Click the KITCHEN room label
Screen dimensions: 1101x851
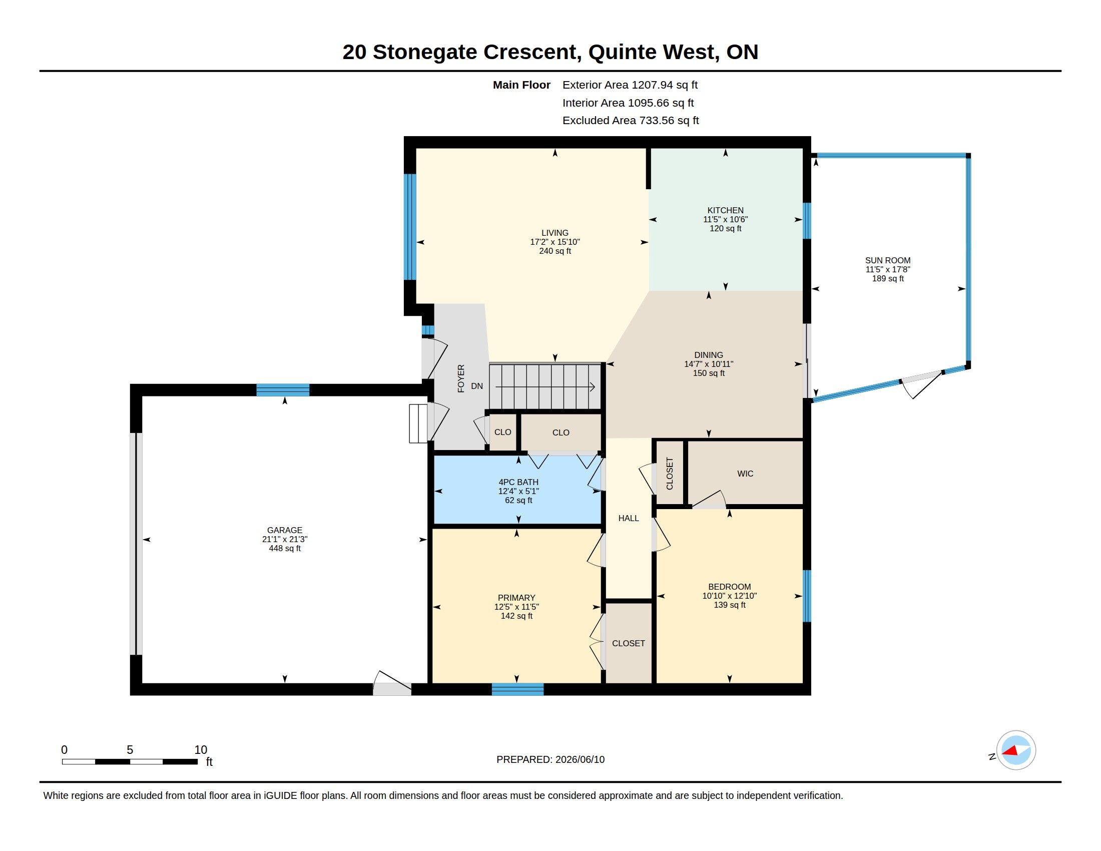click(725, 210)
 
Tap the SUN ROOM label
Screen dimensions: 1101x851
click(888, 260)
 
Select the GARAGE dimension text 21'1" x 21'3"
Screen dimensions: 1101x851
click(284, 539)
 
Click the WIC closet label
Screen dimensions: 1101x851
click(745, 474)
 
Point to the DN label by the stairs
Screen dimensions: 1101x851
click(477, 386)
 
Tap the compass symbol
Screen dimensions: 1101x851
click(1016, 750)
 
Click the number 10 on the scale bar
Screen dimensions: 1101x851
click(201, 750)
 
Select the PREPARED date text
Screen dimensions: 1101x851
click(550, 759)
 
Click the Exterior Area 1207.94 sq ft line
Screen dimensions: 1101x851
click(630, 85)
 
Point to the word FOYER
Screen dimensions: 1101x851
click(461, 378)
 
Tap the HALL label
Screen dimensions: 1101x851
click(629, 518)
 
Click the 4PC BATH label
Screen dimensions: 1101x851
click(518, 482)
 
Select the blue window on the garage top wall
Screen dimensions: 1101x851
click(283, 389)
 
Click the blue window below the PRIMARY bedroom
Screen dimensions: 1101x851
click(518, 689)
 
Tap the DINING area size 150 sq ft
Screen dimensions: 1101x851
click(708, 373)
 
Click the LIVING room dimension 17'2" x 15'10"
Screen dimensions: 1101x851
click(555, 241)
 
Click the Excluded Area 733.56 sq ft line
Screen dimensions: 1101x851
click(631, 121)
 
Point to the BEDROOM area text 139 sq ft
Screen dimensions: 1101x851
click(729, 605)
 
